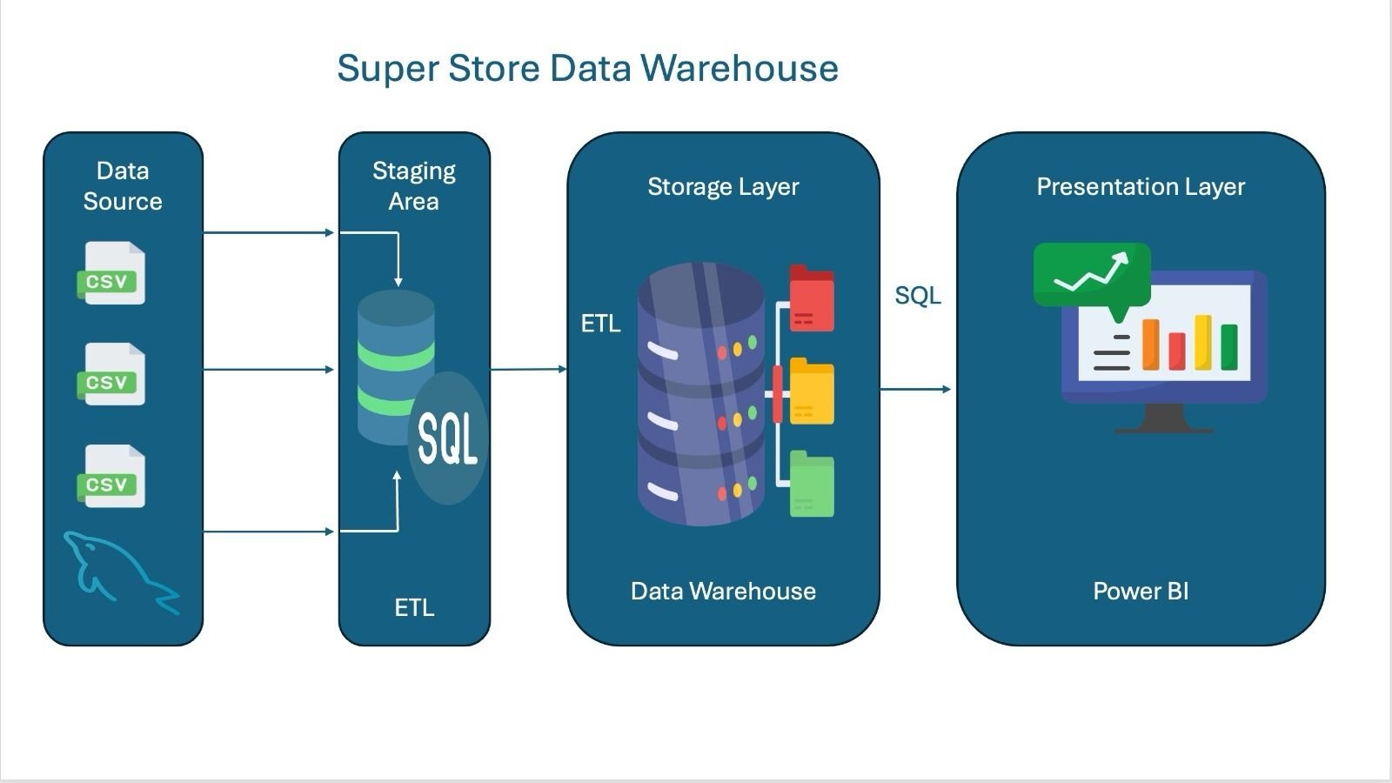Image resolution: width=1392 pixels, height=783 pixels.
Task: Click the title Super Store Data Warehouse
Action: (x=587, y=68)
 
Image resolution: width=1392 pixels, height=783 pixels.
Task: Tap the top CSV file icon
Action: (x=111, y=273)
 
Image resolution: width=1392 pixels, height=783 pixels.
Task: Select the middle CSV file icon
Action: (x=111, y=375)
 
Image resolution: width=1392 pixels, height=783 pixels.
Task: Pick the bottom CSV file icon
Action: (x=111, y=477)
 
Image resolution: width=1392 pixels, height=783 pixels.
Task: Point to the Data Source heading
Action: (x=123, y=186)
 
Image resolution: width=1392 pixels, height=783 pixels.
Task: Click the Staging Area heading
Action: (x=414, y=186)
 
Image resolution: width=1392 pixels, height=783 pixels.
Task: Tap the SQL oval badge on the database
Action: (x=447, y=438)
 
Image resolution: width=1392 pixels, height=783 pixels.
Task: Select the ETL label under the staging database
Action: (x=414, y=607)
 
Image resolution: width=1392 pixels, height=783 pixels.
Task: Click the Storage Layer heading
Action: (x=723, y=186)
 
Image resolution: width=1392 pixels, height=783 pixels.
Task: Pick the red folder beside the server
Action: (x=812, y=298)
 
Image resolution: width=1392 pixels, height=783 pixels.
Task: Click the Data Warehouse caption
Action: (x=723, y=592)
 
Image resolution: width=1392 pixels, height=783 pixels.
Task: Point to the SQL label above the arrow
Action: (x=918, y=296)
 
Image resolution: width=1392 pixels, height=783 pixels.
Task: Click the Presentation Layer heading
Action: (x=1141, y=186)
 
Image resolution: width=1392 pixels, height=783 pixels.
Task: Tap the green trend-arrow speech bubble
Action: (x=1092, y=275)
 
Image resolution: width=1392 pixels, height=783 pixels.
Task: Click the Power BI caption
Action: (x=1141, y=592)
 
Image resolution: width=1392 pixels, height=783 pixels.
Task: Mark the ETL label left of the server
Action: (x=600, y=324)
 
